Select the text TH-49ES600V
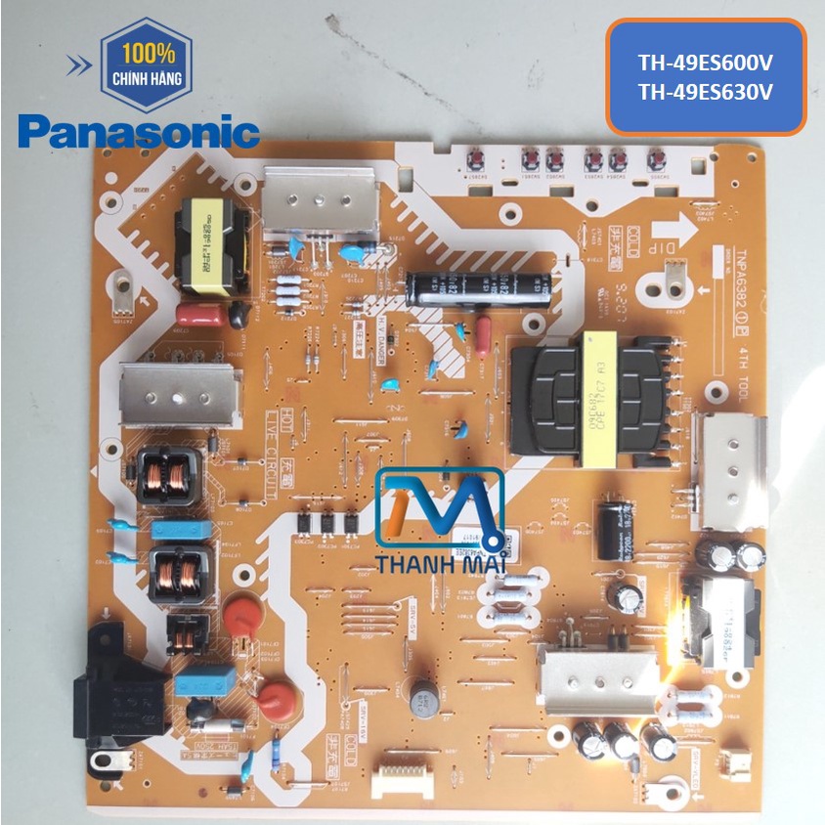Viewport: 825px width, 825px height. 705,64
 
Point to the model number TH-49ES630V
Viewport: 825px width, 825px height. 705,94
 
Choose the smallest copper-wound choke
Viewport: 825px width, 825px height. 186,634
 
